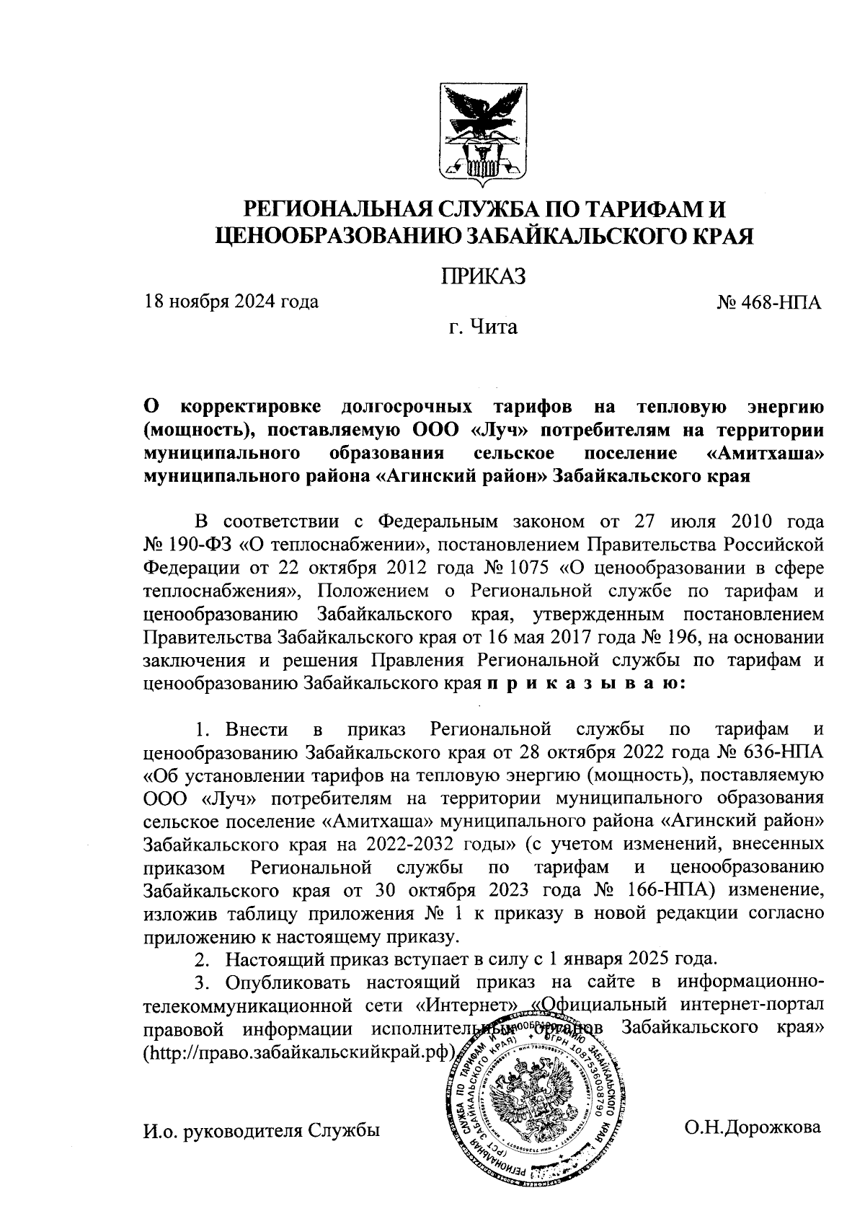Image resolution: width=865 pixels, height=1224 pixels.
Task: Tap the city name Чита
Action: tap(494, 328)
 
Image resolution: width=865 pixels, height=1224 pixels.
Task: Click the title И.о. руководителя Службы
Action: tap(262, 1130)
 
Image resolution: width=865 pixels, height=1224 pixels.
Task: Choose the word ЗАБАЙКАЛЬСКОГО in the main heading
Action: tap(583, 236)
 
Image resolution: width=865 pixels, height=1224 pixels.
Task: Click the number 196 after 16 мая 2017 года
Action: tap(687, 638)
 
